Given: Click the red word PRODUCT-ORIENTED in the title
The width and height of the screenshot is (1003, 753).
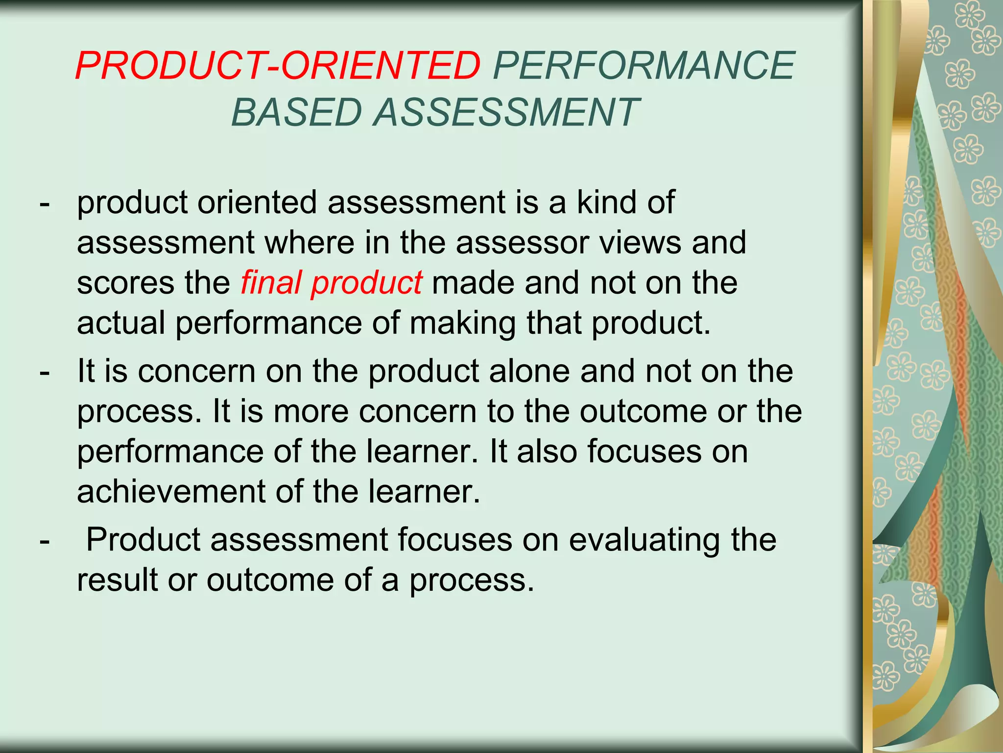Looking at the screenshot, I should (278, 66).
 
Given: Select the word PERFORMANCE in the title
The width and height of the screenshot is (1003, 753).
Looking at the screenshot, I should (644, 66).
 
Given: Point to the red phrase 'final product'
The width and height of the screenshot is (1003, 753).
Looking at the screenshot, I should (331, 283).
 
